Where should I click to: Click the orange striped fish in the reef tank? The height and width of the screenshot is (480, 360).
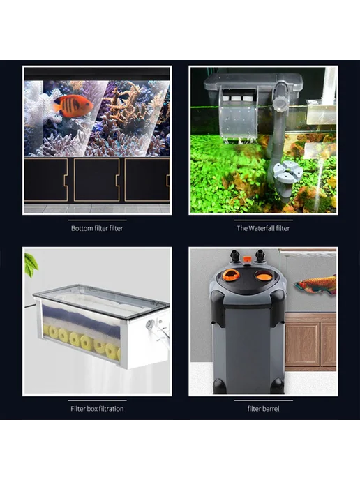click(x=73, y=106)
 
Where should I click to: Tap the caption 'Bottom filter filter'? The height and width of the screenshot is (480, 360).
click(x=97, y=228)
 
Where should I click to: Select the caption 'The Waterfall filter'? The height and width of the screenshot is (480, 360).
click(x=263, y=228)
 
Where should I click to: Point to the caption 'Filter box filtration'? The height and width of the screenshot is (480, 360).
click(x=97, y=409)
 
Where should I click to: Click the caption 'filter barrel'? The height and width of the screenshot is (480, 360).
click(x=263, y=409)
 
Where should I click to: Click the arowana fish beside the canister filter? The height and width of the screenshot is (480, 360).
click(x=315, y=285)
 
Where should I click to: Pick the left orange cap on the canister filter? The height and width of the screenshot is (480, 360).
click(x=231, y=275)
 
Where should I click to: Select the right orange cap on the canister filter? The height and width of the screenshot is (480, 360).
click(x=264, y=276)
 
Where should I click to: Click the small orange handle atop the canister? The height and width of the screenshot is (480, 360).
click(x=248, y=260)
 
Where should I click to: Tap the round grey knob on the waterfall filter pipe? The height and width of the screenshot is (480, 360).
click(x=281, y=103)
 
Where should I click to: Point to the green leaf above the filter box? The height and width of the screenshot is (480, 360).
click(x=31, y=264)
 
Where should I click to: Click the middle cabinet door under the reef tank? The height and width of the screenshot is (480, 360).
click(x=96, y=180)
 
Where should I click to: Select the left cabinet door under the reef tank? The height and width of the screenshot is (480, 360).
click(x=46, y=180)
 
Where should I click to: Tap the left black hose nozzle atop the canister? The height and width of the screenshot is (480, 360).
click(x=235, y=256)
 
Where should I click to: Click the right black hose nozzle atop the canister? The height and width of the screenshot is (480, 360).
click(x=260, y=256)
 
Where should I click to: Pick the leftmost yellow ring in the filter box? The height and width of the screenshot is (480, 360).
click(x=47, y=329)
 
